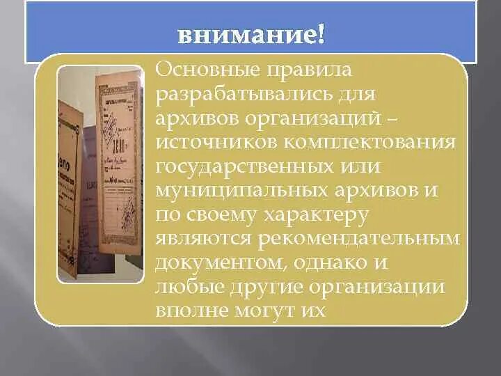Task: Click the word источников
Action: coord(216,143)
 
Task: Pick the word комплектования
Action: coord(369,143)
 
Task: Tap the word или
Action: coord(360,167)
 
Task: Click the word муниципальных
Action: coord(241,191)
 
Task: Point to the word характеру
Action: coord(315,215)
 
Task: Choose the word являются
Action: coord(203,239)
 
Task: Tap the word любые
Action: coord(189,286)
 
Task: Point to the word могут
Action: coord(266,311)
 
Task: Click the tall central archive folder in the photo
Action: coord(119,163)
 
